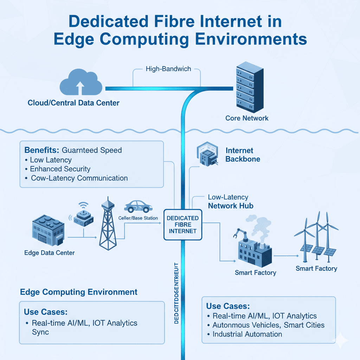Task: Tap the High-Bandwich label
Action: coord(168,69)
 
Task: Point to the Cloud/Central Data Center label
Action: coord(73,103)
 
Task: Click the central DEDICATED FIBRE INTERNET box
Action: coord(183,225)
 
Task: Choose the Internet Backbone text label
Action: coord(243,155)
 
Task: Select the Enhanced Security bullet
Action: coord(60,169)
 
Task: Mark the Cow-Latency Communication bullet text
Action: coord(79,178)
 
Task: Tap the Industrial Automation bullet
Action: coord(247,334)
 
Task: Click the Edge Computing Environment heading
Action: coord(79,292)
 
